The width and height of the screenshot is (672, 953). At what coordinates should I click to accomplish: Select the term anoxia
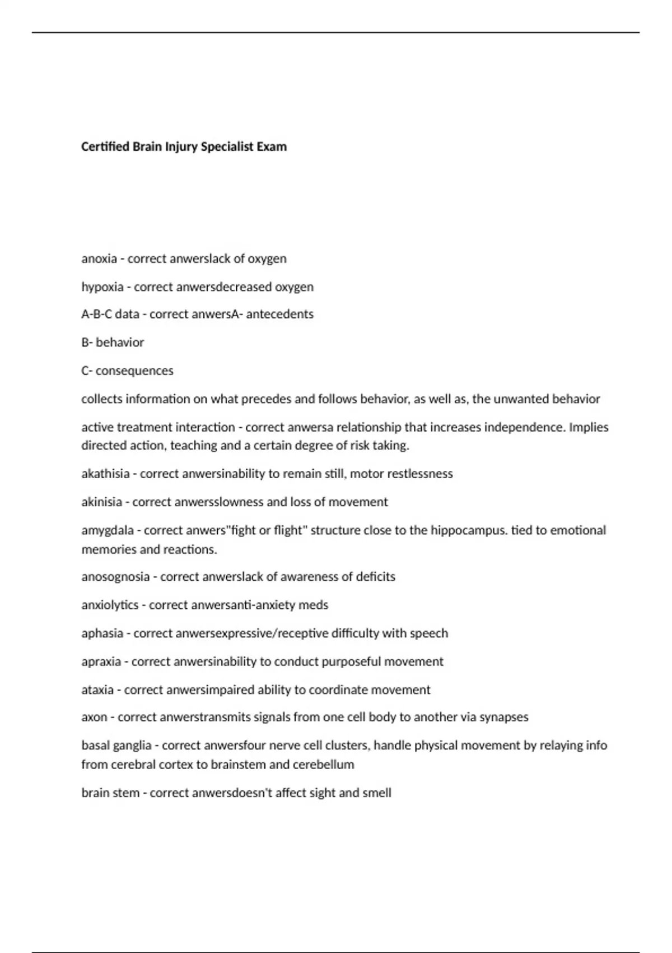point(99,259)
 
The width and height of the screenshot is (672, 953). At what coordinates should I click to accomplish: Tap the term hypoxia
point(102,287)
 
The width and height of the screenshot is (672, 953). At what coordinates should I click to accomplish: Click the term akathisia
point(105,474)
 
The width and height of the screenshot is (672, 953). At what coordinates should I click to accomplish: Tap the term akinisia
point(101,502)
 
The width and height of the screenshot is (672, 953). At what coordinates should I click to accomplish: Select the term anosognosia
point(115,577)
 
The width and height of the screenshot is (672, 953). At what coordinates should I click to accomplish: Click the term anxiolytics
point(110,605)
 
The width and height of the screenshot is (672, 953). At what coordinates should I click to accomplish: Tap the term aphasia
point(102,633)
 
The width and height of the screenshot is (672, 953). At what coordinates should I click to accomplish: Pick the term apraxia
point(101,661)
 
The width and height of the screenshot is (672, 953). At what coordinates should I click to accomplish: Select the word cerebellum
point(327,765)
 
